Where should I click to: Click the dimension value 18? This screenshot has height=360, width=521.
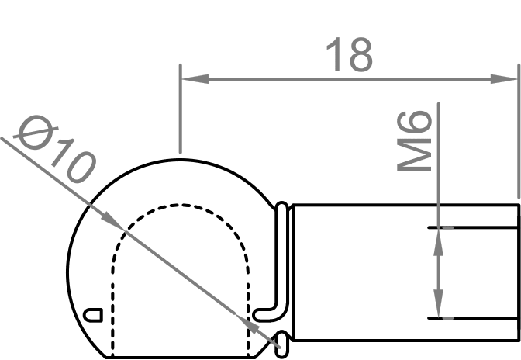coord(349,55)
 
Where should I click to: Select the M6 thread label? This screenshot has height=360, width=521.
coord(415,140)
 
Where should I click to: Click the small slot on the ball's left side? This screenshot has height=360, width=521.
coord(93,314)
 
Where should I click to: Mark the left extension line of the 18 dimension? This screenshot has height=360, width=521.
coord(180,116)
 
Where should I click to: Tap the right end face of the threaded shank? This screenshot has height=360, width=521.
coord(517,272)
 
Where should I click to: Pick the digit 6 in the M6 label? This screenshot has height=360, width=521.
coord(415,125)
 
